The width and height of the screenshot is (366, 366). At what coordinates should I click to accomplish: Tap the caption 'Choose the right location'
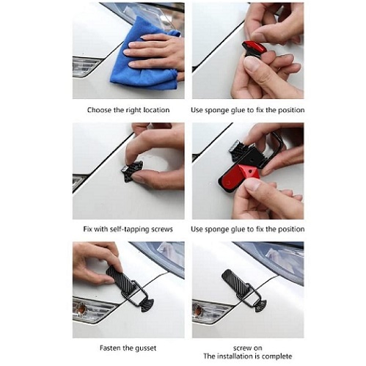pos(128,110)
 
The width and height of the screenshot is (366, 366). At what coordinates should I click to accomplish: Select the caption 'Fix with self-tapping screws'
pos(128,230)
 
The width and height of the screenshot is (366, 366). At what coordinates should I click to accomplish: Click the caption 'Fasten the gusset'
pos(128,348)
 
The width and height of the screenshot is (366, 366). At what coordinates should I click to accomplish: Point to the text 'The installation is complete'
pos(248,356)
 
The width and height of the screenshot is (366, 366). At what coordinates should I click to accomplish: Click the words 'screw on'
pos(248,348)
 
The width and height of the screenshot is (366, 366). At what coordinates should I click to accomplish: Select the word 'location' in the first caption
pos(156,110)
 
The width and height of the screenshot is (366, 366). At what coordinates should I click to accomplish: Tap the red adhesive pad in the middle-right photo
pos(240,177)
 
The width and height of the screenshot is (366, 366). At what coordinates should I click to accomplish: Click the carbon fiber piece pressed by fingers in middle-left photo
pos(131,171)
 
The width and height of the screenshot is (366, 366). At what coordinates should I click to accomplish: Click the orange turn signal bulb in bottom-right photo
pos(198,310)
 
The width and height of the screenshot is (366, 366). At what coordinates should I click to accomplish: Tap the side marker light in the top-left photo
pos(84,66)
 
